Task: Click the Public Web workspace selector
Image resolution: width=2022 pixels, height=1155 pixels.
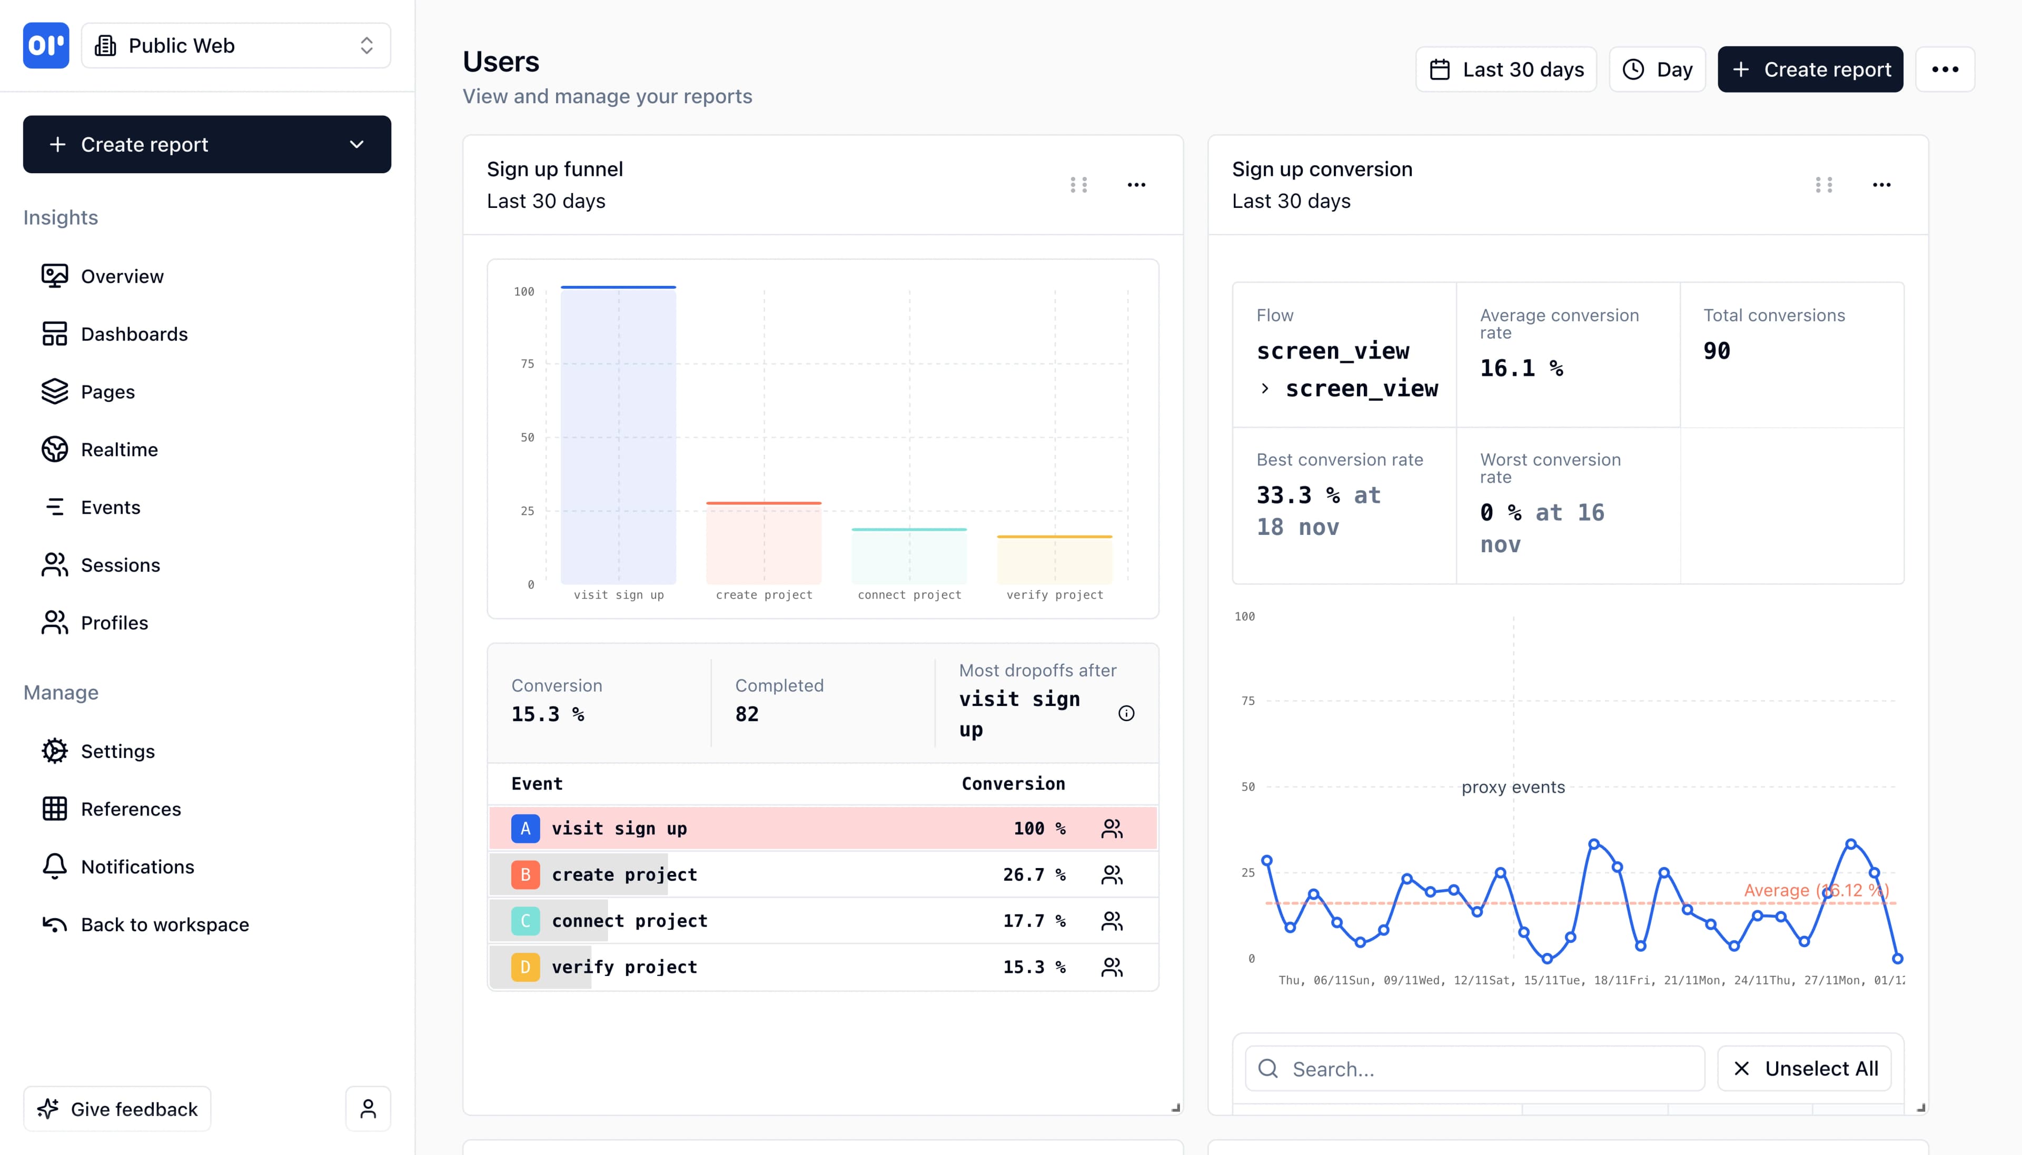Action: [235, 46]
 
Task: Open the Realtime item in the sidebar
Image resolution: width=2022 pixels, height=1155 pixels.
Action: [119, 450]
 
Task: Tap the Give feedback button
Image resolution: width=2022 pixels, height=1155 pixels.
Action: [117, 1109]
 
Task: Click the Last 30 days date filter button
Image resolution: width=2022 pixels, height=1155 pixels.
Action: [1505, 70]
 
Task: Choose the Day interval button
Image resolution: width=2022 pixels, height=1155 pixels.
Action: [1657, 70]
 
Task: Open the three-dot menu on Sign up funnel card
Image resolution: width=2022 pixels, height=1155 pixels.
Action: [1136, 185]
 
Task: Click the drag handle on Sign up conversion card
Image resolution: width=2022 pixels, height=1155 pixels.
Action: [1823, 185]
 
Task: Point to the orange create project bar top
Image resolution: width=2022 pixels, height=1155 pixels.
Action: [763, 503]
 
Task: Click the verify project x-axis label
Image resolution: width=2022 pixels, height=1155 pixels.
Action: [1054, 595]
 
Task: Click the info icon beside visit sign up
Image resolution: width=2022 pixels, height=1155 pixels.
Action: [1126, 713]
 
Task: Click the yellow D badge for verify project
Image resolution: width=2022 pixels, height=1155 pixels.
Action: [525, 967]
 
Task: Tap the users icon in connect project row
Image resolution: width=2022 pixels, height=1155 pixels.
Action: [1112, 921]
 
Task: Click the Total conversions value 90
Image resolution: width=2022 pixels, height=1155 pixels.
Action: [1717, 351]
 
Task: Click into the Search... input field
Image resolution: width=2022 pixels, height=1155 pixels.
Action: [1475, 1069]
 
